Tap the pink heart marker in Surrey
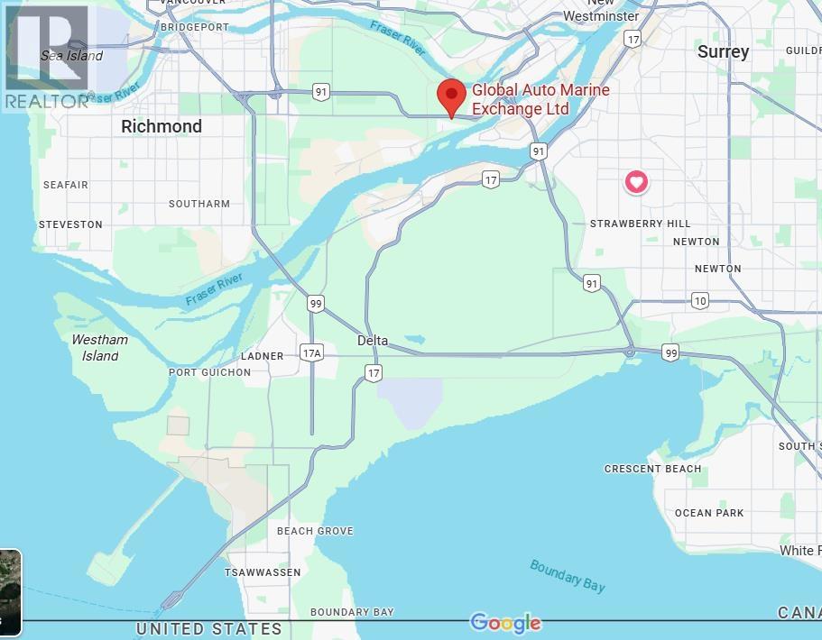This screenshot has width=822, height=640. (x=636, y=182)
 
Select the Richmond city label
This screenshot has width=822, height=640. (x=162, y=126)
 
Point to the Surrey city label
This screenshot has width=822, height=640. (x=723, y=52)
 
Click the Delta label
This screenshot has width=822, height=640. (x=373, y=341)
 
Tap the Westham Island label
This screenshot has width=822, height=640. (x=99, y=348)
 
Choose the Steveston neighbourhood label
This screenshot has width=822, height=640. (x=70, y=224)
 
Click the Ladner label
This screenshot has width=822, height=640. (x=263, y=356)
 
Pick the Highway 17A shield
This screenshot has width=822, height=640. (x=312, y=353)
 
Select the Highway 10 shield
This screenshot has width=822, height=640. (x=700, y=300)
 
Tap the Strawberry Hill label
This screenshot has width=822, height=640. (x=640, y=224)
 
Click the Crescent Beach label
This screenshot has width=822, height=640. (x=652, y=469)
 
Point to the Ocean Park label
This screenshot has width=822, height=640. (x=709, y=513)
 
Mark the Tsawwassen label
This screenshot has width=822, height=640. (x=263, y=572)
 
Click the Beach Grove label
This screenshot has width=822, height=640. (x=315, y=531)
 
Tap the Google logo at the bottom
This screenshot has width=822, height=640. (x=505, y=623)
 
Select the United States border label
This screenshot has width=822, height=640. (x=208, y=629)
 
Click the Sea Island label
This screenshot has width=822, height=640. (x=72, y=56)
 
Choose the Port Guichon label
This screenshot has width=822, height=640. (x=209, y=372)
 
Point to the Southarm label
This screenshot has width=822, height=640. (x=199, y=204)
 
